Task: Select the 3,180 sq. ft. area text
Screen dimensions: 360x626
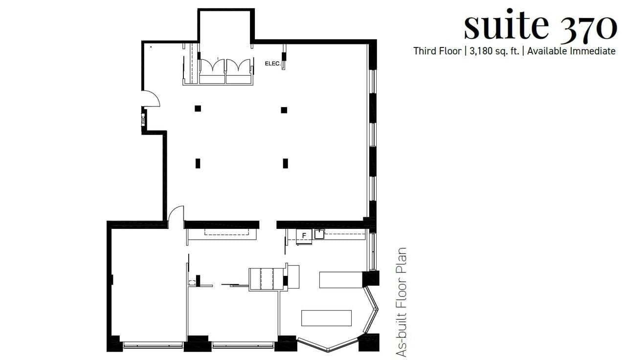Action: click(494, 51)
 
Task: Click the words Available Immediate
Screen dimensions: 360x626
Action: click(571, 51)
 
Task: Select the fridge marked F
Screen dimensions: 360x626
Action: click(304, 236)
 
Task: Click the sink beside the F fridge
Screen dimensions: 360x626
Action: click(319, 234)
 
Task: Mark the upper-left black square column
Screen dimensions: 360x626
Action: click(198, 109)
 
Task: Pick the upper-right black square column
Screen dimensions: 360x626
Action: click(284, 110)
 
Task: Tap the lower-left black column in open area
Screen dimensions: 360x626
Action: click(198, 163)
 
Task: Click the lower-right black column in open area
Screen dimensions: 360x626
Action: click(285, 163)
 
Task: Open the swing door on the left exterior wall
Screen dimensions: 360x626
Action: click(152, 99)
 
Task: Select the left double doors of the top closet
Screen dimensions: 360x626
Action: click(212, 67)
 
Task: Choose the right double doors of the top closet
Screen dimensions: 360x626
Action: click(239, 67)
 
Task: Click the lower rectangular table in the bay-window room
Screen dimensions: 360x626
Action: click(326, 318)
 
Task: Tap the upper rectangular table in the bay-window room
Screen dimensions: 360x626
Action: click(340, 280)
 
